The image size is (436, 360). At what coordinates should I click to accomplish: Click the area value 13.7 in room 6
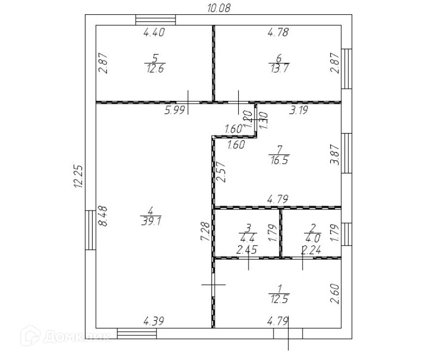coord(278,69)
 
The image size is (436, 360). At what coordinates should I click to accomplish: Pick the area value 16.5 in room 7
coord(280,160)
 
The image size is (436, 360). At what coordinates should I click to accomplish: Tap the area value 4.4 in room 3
coord(247,237)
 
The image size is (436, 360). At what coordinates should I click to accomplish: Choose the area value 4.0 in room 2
coord(312,237)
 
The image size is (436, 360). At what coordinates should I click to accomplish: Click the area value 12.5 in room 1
coord(279,298)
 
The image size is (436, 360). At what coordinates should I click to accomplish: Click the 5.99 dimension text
coord(175,111)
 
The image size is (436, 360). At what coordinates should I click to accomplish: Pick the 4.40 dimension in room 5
coord(154,33)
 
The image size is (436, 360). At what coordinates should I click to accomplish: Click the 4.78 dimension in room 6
coord(277,33)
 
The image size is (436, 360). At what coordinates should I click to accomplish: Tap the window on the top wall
coord(156,19)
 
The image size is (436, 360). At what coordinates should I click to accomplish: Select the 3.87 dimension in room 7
coord(335,154)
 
